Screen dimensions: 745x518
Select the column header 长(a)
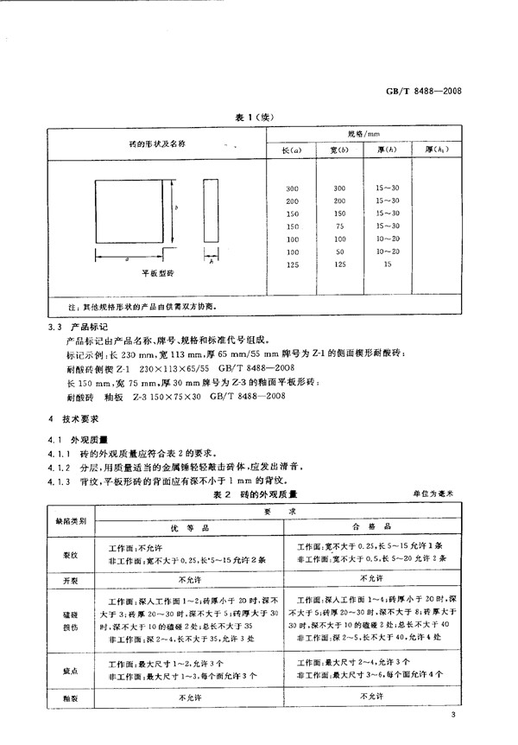[290, 152]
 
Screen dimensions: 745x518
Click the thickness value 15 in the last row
[385, 264]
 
